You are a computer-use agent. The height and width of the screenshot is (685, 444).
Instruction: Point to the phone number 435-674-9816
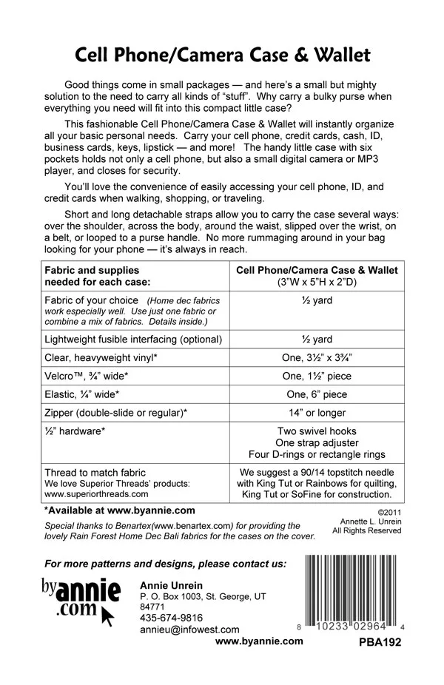(x=171, y=618)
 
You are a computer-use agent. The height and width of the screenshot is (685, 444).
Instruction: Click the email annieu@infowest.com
(x=189, y=630)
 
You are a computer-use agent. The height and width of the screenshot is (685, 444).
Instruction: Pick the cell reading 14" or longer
(x=317, y=412)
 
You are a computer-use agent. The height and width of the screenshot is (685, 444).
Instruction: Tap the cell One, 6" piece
(x=317, y=394)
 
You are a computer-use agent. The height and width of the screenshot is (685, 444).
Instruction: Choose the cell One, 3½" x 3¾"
(x=317, y=357)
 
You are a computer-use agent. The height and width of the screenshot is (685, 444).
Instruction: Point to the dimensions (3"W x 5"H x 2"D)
(x=317, y=282)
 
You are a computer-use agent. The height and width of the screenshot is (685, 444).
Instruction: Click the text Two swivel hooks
(x=317, y=431)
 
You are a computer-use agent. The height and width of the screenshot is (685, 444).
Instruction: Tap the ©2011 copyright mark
(x=388, y=510)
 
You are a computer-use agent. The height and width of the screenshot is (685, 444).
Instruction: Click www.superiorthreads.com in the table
(x=95, y=494)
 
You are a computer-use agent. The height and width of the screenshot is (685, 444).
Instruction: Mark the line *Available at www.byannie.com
(x=119, y=510)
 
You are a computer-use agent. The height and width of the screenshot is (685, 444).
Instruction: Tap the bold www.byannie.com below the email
(x=259, y=641)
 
